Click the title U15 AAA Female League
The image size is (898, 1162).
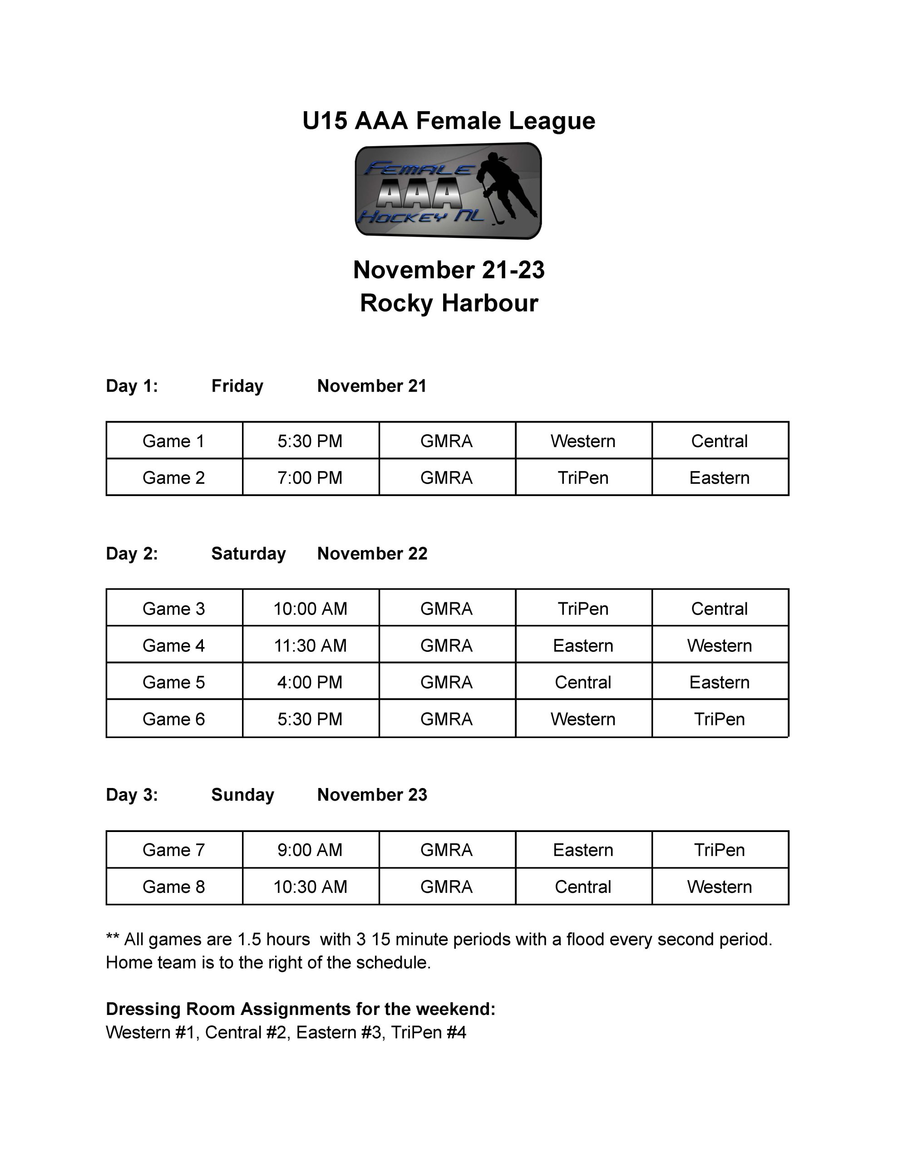point(448,121)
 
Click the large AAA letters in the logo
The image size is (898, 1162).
point(420,194)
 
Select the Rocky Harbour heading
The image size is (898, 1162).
point(449,303)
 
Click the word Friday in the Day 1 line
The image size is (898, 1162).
point(237,386)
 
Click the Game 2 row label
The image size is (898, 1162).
point(173,478)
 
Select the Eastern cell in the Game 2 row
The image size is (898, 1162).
point(719,478)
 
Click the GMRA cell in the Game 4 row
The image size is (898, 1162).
point(446,645)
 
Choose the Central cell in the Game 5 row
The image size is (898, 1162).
point(583,682)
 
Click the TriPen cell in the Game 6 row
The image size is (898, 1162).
point(719,719)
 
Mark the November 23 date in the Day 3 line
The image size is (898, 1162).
point(372,794)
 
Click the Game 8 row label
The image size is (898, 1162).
point(173,886)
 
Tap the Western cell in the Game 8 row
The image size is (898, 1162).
point(719,886)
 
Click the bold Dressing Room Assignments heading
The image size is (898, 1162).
point(300,1009)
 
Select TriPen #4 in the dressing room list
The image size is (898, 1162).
point(429,1032)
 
